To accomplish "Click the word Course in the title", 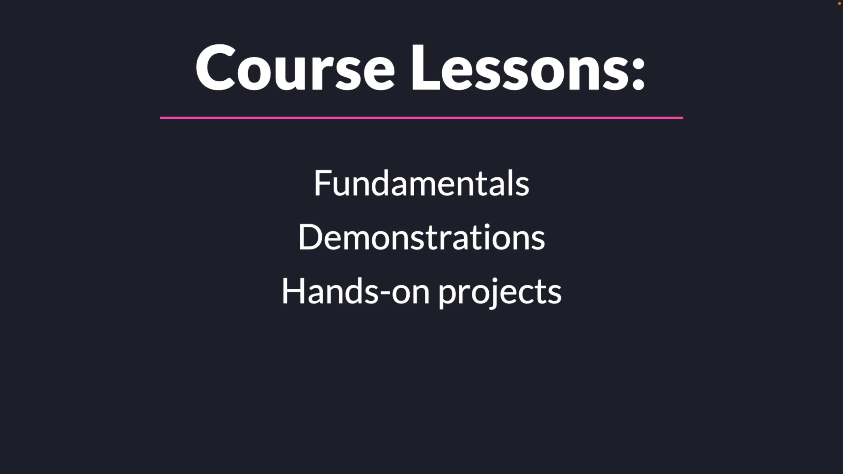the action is click(295, 67).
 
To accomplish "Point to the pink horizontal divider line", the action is click(421, 118).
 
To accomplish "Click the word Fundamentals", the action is click(421, 183).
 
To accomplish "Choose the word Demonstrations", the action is click(421, 237).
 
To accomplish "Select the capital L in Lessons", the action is click(426, 67).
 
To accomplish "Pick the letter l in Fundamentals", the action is click(512, 183).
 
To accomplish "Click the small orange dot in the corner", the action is click(839, 4).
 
